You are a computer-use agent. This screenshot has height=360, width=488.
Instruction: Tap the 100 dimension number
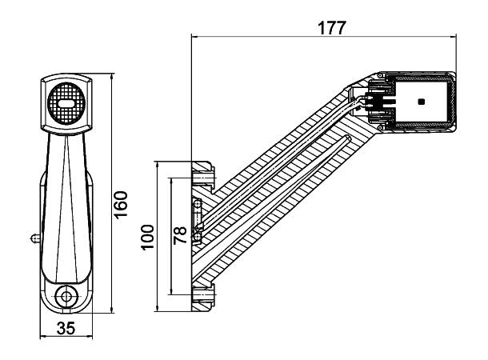coord(147,237)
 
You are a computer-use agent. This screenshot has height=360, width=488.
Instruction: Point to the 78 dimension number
coord(181,234)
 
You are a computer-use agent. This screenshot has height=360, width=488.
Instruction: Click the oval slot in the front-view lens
coord(67,104)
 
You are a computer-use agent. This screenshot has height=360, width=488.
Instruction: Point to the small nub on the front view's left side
coord(34,237)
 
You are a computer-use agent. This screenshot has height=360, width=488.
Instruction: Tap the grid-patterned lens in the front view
coord(67,105)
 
